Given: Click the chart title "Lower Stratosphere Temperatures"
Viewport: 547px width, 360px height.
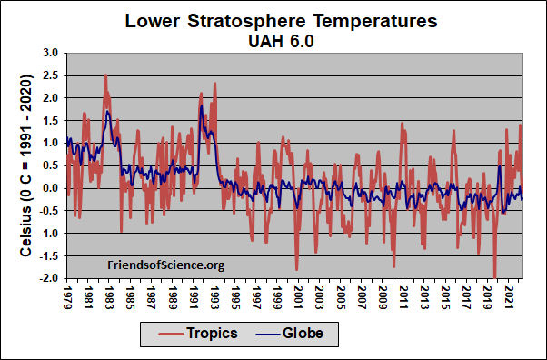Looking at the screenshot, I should pyautogui.click(x=273, y=20).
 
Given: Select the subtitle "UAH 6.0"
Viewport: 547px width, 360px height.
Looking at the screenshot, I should pyautogui.click(x=273, y=40).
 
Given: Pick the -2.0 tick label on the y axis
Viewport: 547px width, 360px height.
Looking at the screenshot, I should pyautogui.click(x=47, y=278).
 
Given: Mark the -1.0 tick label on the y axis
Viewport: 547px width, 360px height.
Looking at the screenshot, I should pyautogui.click(x=47, y=234).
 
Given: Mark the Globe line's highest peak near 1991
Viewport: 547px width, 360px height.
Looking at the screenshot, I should pyautogui.click(x=201, y=105).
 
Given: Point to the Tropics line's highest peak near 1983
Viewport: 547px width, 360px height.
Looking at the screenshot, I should pyautogui.click(x=106, y=75).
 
